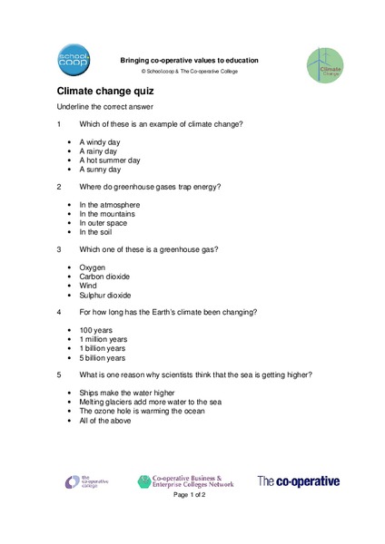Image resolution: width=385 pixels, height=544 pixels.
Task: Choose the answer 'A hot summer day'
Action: pyautogui.click(x=110, y=160)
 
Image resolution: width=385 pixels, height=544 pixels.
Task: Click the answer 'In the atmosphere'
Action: pyautogui.click(x=110, y=205)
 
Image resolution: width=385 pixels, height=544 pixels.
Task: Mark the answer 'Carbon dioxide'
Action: pyautogui.click(x=104, y=277)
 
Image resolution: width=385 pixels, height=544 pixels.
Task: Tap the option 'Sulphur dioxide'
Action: pyautogui.click(x=105, y=295)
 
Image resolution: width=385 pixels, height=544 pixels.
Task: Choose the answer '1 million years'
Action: pyautogui.click(x=103, y=339)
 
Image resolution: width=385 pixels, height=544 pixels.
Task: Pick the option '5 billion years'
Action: pyautogui.click(x=103, y=357)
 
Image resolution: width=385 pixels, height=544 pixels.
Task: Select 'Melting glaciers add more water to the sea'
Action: pyautogui.click(x=150, y=402)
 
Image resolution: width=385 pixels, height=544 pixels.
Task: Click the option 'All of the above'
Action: pyautogui.click(x=105, y=420)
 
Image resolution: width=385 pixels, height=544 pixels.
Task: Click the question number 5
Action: pyautogui.click(x=59, y=374)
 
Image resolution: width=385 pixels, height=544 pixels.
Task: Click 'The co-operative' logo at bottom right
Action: pyautogui.click(x=299, y=481)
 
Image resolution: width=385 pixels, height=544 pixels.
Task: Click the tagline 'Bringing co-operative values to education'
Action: pyautogui.click(x=190, y=60)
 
